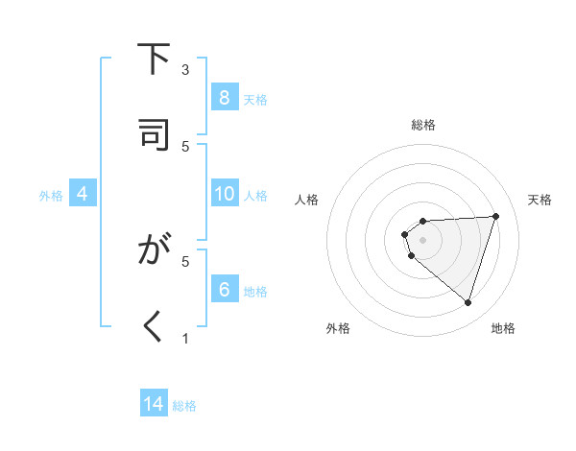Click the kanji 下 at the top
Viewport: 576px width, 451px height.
(154, 59)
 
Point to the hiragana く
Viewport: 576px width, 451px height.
(154, 328)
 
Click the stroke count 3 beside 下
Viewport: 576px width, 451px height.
(186, 70)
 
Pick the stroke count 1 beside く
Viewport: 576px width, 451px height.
(186, 338)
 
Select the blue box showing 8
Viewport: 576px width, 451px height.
(224, 98)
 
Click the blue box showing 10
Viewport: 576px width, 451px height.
(224, 194)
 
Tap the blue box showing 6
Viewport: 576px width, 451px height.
(224, 290)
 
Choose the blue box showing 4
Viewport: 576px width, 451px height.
(83, 194)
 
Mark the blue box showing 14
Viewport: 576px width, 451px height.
(154, 404)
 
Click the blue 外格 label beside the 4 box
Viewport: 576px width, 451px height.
(51, 195)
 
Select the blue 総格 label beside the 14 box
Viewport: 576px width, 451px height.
(184, 406)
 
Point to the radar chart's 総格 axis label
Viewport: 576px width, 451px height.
(423, 125)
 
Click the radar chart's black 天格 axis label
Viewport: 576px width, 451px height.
(540, 200)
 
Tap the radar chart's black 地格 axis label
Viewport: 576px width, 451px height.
(503, 328)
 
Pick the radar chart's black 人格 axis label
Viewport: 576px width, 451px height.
(307, 200)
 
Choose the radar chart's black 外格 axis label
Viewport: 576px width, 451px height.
(338, 328)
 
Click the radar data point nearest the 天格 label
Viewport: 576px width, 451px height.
(495, 216)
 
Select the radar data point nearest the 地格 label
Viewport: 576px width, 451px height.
(468, 302)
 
